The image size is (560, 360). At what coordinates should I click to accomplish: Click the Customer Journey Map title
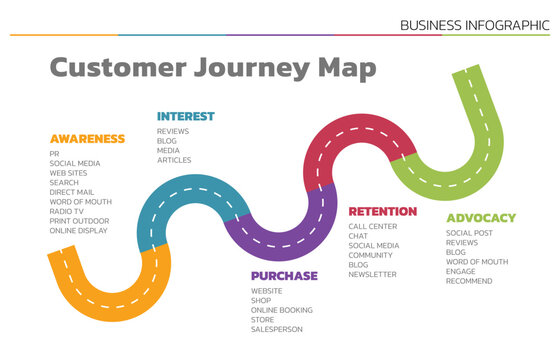pyautogui.click(x=213, y=68)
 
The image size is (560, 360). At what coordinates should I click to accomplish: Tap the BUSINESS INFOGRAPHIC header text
pyautogui.click(x=474, y=24)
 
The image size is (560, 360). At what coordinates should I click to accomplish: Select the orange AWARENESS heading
pyautogui.click(x=87, y=139)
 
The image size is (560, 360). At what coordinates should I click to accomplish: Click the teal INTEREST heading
pyautogui.click(x=185, y=116)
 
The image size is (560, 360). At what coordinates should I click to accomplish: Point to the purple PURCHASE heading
pyautogui.click(x=284, y=275)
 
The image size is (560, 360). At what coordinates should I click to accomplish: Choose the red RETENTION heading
pyautogui.click(x=383, y=211)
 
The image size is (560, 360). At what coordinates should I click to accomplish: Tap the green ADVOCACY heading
pyautogui.click(x=481, y=217)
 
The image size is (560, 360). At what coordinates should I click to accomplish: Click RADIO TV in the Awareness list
pyautogui.click(x=68, y=211)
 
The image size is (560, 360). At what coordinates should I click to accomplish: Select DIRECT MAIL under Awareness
pyautogui.click(x=73, y=192)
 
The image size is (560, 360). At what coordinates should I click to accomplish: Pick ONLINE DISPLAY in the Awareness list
pyautogui.click(x=78, y=230)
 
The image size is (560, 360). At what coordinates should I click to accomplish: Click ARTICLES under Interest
pyautogui.click(x=173, y=160)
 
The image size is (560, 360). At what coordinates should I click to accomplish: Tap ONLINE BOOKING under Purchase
pyautogui.click(x=281, y=310)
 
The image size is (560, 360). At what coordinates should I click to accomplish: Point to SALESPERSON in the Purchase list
pyautogui.click(x=276, y=329)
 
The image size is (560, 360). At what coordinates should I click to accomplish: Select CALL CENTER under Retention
pyautogui.click(x=372, y=226)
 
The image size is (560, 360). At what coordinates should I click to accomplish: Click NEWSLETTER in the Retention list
pyautogui.click(x=372, y=274)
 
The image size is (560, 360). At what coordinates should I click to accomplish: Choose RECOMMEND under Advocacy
pyautogui.click(x=469, y=281)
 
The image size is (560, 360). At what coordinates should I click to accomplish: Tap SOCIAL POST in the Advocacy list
pyautogui.click(x=469, y=233)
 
